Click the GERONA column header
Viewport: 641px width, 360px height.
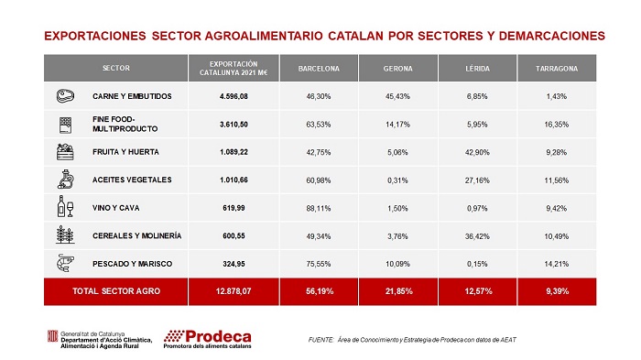[397, 69]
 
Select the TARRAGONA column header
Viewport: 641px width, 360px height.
[557, 69]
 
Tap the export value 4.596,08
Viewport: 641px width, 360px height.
[234, 96]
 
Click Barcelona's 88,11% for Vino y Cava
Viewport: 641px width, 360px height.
[319, 208]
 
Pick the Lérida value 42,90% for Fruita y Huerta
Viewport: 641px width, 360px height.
[477, 152]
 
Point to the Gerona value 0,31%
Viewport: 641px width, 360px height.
[397, 180]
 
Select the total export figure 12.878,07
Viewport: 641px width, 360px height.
[234, 291]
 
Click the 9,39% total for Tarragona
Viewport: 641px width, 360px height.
[557, 291]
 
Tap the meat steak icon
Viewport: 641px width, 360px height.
[65, 96]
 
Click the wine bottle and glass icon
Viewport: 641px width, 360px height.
[65, 206]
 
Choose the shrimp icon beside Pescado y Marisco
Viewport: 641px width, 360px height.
[65, 263]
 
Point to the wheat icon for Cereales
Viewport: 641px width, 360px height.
[65, 235]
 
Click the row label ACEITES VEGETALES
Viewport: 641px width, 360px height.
[132, 180]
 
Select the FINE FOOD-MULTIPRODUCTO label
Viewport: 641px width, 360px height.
[125, 124]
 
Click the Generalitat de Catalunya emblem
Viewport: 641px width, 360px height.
[53, 336]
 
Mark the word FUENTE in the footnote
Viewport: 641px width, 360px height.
[320, 340]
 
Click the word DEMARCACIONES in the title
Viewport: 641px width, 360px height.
[552, 36]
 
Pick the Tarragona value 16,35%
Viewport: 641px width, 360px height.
[557, 125]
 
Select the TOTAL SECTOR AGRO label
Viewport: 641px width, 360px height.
[116, 291]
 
